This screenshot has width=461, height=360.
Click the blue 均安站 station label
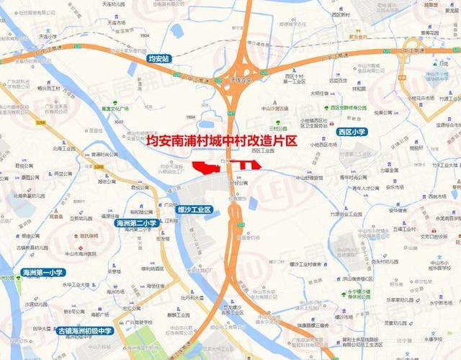click(157, 58)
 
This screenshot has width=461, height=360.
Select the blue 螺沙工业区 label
click(193, 210)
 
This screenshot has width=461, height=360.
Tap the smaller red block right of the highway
click(248, 166)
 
